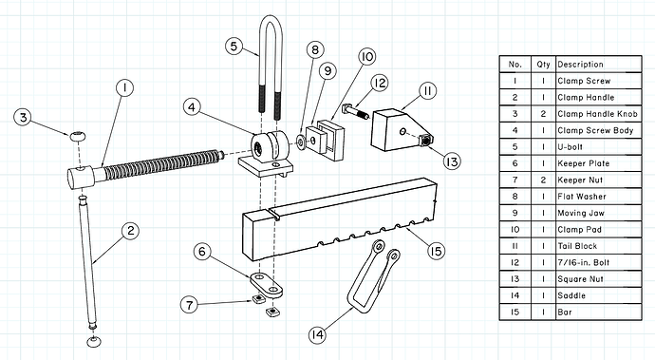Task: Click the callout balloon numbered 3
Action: pyautogui.click(x=23, y=118)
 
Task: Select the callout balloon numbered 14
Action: pyautogui.click(x=317, y=334)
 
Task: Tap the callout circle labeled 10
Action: pyautogui.click(x=366, y=56)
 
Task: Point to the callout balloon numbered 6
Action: pyautogui.click(x=202, y=252)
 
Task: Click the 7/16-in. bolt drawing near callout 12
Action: pyautogui.click(x=355, y=111)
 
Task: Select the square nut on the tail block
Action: pyautogui.click(x=425, y=141)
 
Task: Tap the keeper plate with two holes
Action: pyautogui.click(x=267, y=284)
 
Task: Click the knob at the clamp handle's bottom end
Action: pyautogui.click(x=94, y=341)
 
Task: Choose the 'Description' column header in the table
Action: pyautogui.click(x=580, y=65)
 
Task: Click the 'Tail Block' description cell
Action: pyautogui.click(x=577, y=246)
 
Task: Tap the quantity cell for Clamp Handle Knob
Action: pyautogui.click(x=543, y=114)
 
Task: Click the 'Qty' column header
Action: pyautogui.click(x=543, y=65)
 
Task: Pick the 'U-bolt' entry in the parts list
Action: pyautogui.click(x=570, y=147)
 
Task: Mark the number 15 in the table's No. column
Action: pyautogui.click(x=515, y=312)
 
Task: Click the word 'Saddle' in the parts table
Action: pyautogui.click(x=571, y=295)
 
